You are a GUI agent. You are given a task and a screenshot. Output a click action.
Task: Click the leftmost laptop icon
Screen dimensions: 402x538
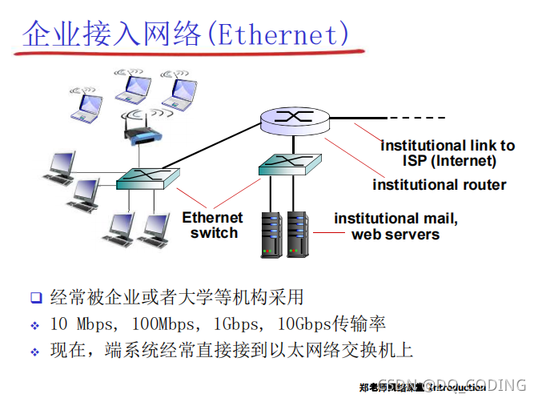pyautogui.click(x=86, y=105)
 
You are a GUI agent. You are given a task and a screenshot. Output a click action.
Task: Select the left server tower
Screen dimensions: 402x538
pyautogui.click(x=273, y=233)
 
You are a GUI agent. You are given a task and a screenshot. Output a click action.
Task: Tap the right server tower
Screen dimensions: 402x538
pyautogui.click(x=298, y=233)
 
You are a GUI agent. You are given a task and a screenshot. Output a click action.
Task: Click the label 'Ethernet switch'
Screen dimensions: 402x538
pyautogui.click(x=212, y=225)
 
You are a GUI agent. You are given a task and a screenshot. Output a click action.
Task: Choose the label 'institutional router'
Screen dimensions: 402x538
pyautogui.click(x=439, y=185)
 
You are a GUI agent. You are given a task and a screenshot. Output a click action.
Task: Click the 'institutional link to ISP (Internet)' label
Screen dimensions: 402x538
pyautogui.click(x=448, y=153)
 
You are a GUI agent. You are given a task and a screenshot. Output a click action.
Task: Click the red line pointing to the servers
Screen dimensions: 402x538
pyautogui.click(x=323, y=233)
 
